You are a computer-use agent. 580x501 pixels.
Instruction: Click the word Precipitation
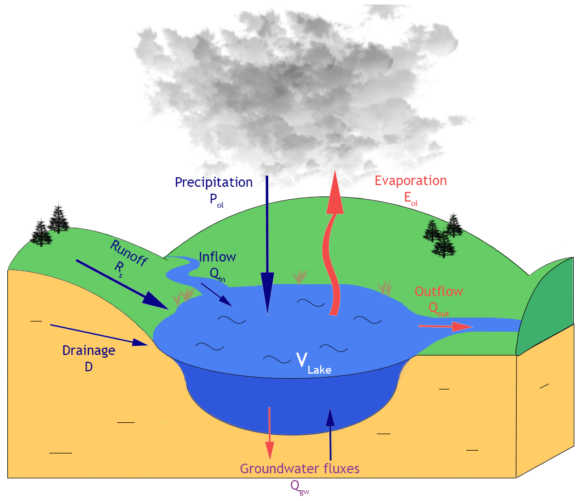point(213,182)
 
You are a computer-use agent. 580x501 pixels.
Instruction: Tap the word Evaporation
point(410,181)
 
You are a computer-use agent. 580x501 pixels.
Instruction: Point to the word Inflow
point(217,256)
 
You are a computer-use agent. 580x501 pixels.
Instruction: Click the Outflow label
point(439,292)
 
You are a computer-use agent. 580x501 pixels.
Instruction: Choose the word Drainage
point(89,350)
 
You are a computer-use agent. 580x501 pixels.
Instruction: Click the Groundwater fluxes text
point(299,469)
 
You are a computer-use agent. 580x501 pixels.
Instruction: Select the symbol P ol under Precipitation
point(213,199)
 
